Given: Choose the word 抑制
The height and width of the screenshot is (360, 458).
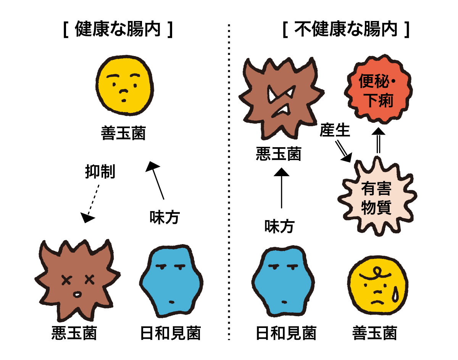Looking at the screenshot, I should pos(100,172).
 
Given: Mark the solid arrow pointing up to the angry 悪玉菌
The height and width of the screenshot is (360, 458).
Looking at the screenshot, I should pos(282,188).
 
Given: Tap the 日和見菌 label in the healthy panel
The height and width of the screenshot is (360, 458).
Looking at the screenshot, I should pos(170,333).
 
